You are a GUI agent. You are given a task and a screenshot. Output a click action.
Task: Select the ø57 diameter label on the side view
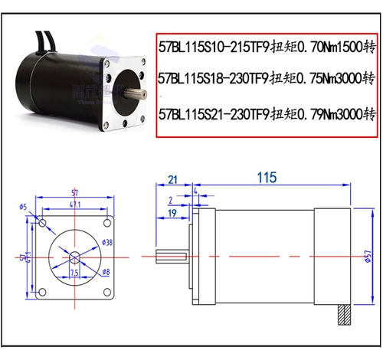(x=367, y=257)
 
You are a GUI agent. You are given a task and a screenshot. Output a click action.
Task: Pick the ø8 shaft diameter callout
(x=106, y=272)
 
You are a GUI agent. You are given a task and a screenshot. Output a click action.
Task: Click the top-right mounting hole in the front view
(x=104, y=222)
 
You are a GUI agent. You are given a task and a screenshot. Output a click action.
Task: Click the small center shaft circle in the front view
(x=74, y=254)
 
